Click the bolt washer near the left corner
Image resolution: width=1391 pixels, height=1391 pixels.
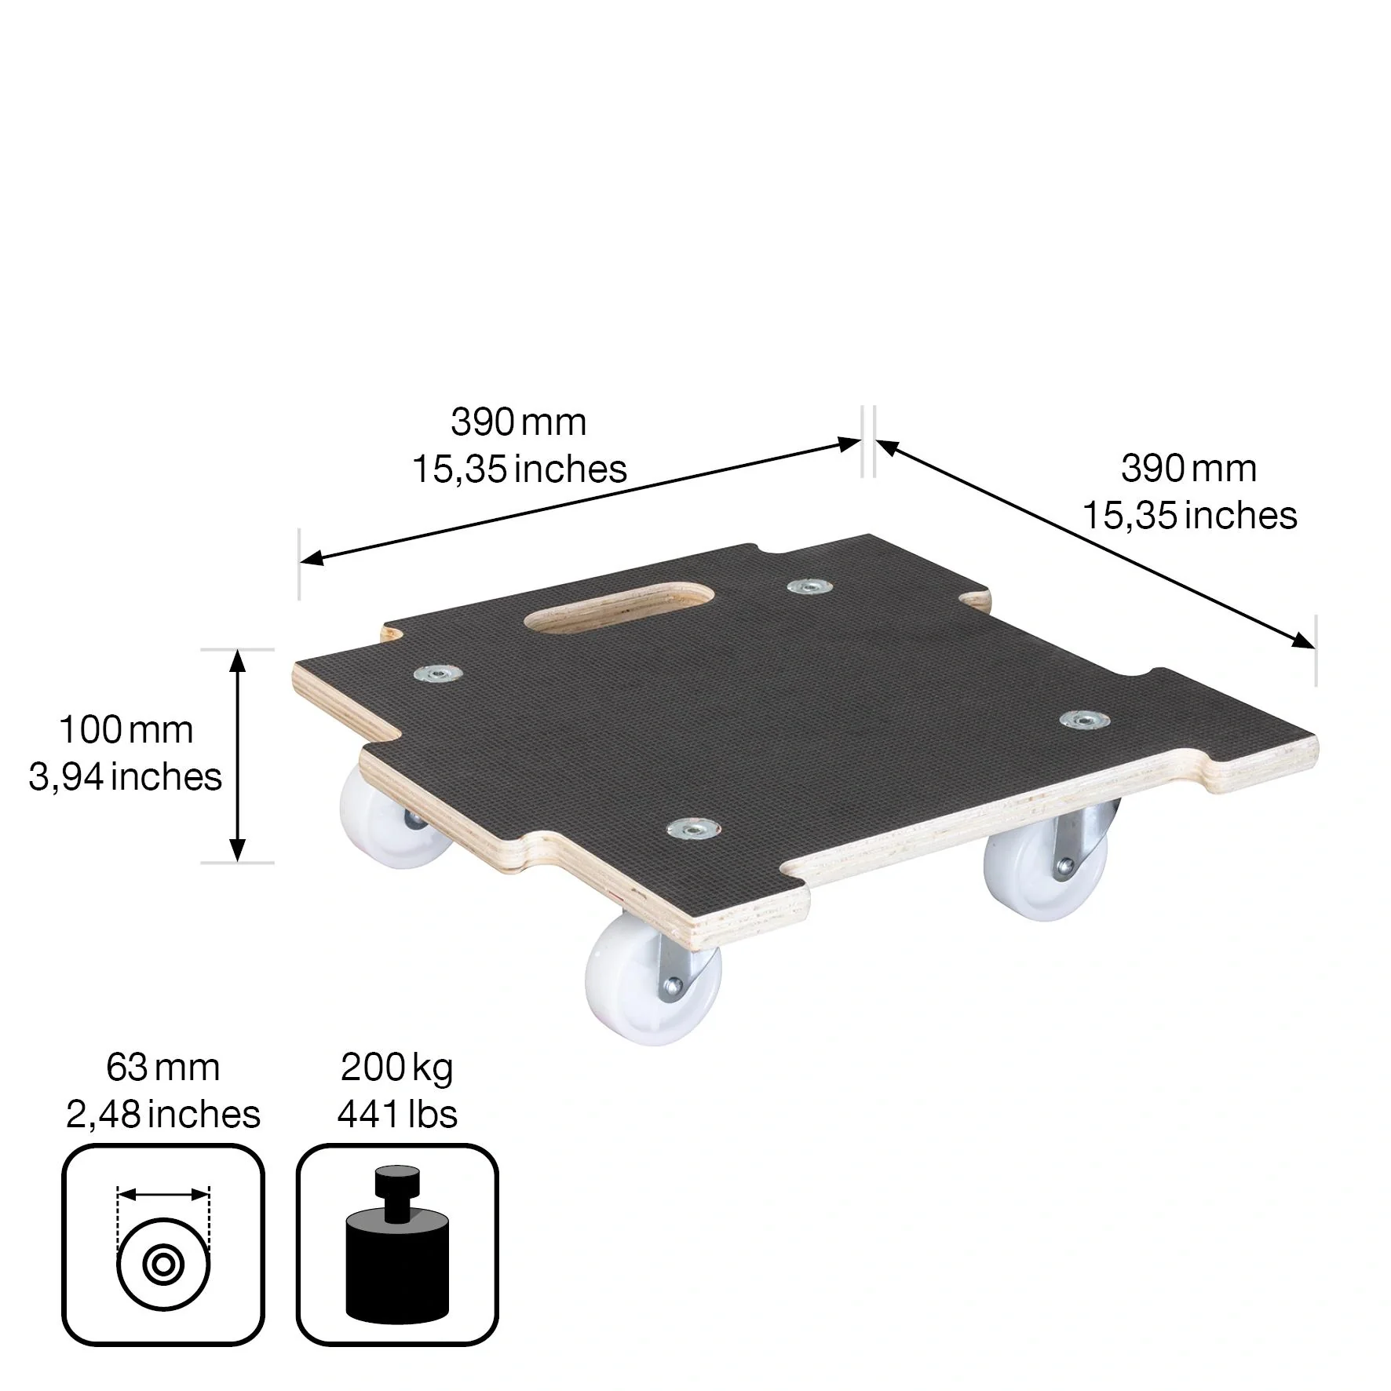pos(437,674)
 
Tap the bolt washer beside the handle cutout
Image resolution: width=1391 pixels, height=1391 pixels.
pos(809,587)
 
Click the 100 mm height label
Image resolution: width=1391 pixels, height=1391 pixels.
pos(126,730)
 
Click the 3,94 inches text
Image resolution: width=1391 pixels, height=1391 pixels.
pos(126,777)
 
